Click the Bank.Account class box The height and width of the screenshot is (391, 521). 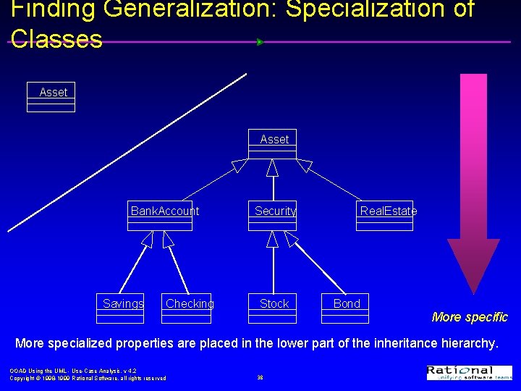coord(161,215)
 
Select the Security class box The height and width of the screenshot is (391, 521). coord(272,215)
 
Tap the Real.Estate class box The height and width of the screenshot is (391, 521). coord(384,215)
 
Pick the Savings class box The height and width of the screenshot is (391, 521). coord(121,308)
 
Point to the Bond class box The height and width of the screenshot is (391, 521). coord(345,308)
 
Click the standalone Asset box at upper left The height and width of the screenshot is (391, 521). coord(51,98)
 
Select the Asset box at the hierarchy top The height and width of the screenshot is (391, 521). coord(272,143)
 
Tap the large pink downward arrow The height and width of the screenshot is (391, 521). coord(473,181)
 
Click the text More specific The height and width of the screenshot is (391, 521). coord(470,317)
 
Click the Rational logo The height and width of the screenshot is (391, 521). coord(469,372)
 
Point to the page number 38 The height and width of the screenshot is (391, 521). coord(260,377)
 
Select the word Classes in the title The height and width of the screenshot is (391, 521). coord(56,38)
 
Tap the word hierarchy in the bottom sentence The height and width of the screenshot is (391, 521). coord(462,342)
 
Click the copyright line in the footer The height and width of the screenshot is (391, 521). coord(88,378)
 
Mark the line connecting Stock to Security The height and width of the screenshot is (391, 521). coord(273,272)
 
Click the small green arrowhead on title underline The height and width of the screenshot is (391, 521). coord(260,42)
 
